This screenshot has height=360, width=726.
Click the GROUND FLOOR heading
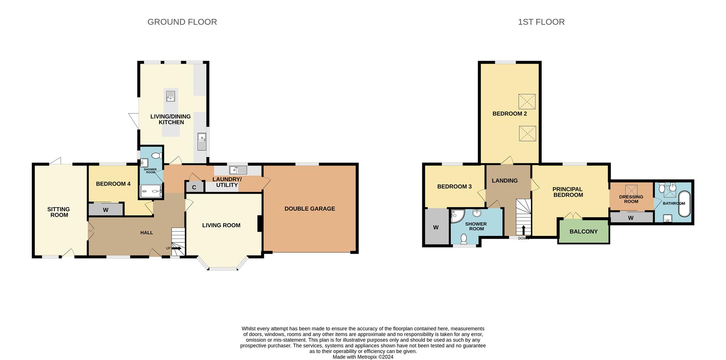point(182,22)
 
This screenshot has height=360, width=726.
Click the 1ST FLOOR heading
point(541,22)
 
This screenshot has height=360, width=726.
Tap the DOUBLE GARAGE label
point(309,209)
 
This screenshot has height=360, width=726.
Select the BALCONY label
point(583,231)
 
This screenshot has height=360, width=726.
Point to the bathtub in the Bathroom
point(684,204)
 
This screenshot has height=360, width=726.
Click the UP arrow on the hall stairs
point(176,248)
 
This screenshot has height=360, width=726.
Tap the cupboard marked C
point(194,187)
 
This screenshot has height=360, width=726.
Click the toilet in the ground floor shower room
point(158,155)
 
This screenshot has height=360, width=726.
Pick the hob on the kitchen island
point(171,96)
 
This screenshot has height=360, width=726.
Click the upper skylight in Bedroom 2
point(527,101)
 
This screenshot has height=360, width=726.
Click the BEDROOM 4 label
point(113,184)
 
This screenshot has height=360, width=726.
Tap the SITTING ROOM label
point(59,212)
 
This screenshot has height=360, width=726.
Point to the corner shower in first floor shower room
point(457,216)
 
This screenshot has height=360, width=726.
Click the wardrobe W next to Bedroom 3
point(436,227)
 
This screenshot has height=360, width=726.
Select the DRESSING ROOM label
point(631,199)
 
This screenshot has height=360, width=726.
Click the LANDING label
point(504,181)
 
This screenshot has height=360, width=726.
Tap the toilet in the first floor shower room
point(464,239)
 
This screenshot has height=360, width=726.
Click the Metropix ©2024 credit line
point(363,357)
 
